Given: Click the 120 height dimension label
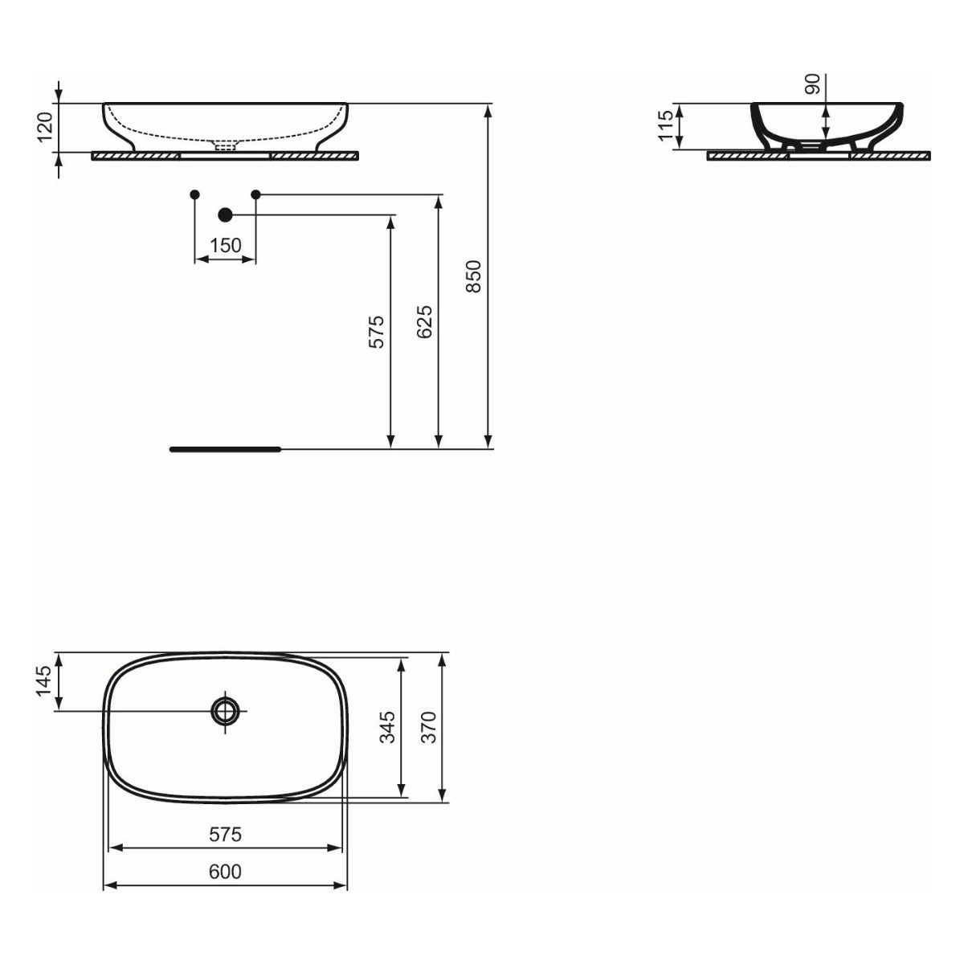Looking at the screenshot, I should pos(46,127).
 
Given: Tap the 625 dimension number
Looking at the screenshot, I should pos(426,321).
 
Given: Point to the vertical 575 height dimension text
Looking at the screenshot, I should pos(378,331).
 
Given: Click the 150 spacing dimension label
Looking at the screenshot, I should pos(226,245).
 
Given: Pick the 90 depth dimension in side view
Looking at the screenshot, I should pos(813,84).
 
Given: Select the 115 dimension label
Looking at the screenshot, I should pos(667,126).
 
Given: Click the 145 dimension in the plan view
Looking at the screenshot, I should pos(45,681).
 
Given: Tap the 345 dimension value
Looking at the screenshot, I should pos(388,726).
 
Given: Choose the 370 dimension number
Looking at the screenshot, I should pos(429,726).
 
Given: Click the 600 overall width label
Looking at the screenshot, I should pos(225,871).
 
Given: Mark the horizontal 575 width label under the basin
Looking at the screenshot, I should pos(225,835).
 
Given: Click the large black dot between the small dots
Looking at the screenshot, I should pos(225,214).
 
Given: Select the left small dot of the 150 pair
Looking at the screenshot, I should pos(194,194).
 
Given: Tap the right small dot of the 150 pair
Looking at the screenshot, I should pos(256,194).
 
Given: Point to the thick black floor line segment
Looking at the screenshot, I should pos(225,449).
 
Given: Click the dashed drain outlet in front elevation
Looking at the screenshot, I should pos(226,146).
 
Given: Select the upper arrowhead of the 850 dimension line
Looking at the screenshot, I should pos(488,110).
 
